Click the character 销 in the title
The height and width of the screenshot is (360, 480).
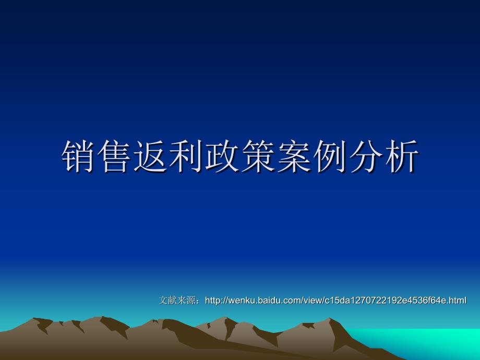(78, 156)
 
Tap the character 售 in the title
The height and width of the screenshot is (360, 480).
(114, 156)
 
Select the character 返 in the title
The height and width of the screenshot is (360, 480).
(150, 156)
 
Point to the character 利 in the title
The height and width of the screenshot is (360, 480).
(186, 156)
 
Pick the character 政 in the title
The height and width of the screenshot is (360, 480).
(222, 156)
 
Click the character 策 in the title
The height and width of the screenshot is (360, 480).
(258, 156)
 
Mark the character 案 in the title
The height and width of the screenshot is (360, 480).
(294, 156)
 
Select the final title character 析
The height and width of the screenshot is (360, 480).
(402, 156)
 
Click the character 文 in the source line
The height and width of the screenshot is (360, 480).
(163, 301)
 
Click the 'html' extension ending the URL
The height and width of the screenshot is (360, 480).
(458, 301)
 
